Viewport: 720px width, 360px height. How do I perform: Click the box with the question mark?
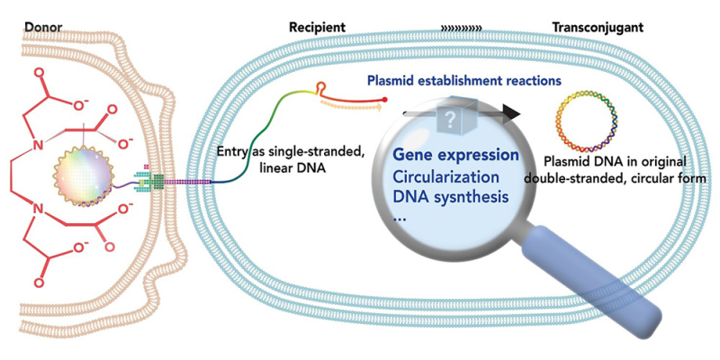coord(448,115)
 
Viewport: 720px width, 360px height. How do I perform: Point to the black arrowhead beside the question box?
coord(512,112)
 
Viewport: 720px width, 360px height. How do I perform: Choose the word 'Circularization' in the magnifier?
coord(443,176)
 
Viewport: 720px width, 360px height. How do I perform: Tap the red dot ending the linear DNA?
coord(386,97)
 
